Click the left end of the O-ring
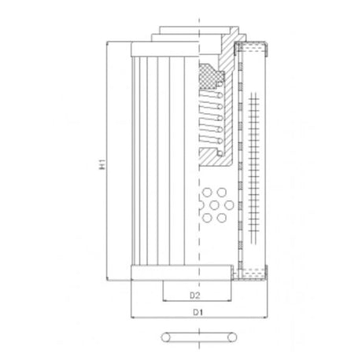(162, 336)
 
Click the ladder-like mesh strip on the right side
(253, 161)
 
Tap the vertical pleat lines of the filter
(157, 157)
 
